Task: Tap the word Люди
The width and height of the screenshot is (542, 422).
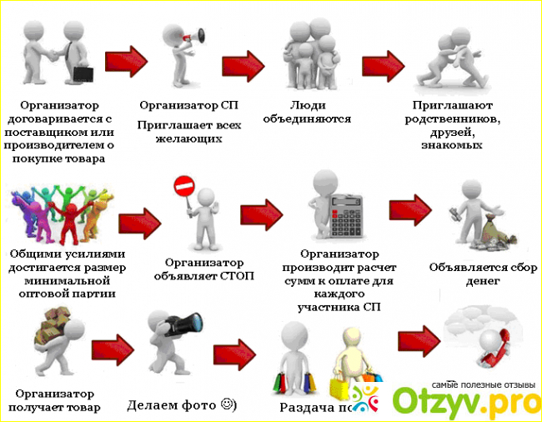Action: [x=305, y=105]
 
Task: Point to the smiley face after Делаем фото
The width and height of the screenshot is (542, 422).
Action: [x=227, y=405]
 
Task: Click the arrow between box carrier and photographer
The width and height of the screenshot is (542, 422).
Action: [x=114, y=349]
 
